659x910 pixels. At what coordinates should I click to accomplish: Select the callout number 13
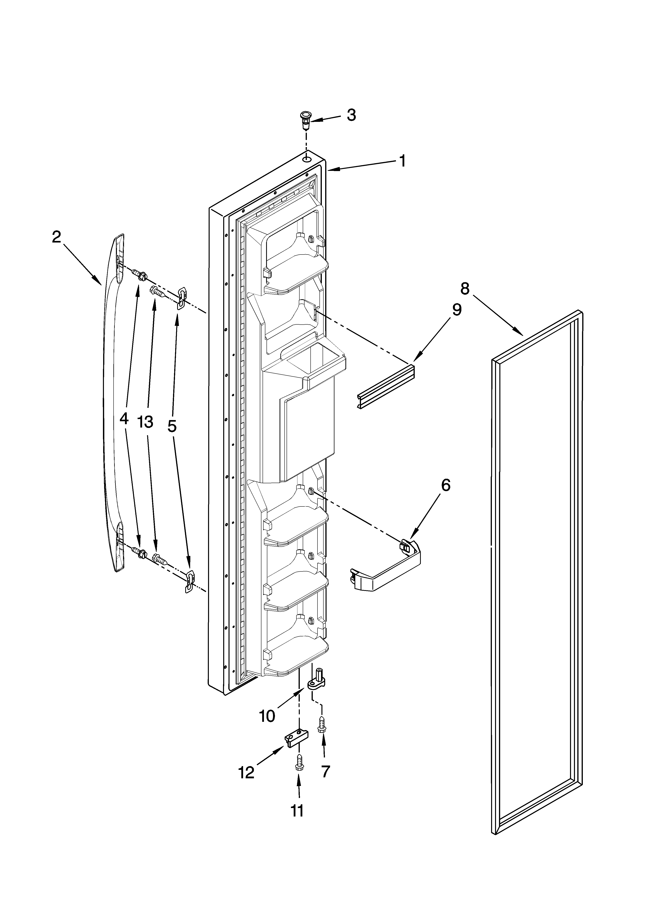(x=145, y=422)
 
